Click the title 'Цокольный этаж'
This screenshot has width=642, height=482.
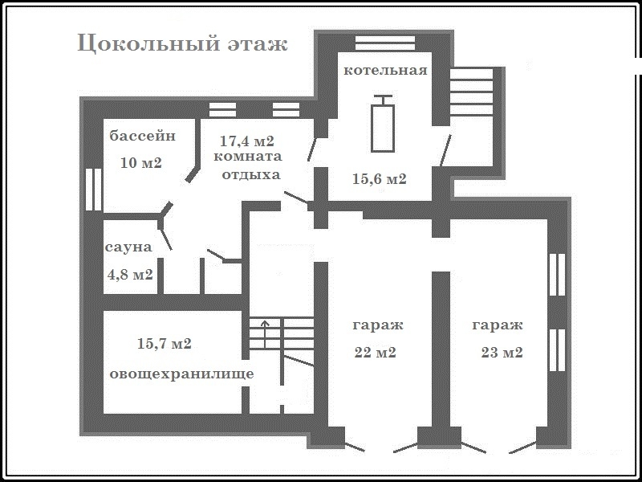pyautogui.click(x=183, y=44)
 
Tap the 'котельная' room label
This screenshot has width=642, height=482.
pyautogui.click(x=385, y=70)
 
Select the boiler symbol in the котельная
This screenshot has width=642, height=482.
pyautogui.click(x=383, y=124)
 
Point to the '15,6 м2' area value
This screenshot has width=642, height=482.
pyautogui.click(x=380, y=178)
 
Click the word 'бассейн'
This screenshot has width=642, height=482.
pyautogui.click(x=143, y=135)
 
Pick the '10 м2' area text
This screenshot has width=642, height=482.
pyautogui.click(x=141, y=163)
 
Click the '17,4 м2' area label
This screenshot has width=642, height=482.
pyautogui.click(x=247, y=141)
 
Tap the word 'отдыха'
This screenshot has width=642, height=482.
pyautogui.click(x=251, y=175)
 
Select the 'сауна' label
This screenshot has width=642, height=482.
pyautogui.click(x=128, y=247)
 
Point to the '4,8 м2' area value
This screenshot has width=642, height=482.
pyautogui.click(x=130, y=274)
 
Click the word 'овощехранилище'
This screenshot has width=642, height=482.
pyautogui.click(x=182, y=374)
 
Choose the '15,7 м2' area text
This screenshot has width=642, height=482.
pyautogui.click(x=165, y=344)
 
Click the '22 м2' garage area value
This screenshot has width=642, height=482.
pyautogui.click(x=375, y=353)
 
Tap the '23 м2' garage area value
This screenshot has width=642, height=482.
pyautogui.click(x=502, y=353)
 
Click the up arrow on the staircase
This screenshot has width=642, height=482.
pyautogui.click(x=265, y=334)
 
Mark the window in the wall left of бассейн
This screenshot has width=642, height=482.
pyautogui.click(x=93, y=190)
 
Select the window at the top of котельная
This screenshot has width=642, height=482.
pyautogui.click(x=385, y=43)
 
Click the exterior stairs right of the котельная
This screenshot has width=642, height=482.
pyautogui.click(x=471, y=92)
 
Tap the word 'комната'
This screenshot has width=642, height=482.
pyautogui.click(x=248, y=157)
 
